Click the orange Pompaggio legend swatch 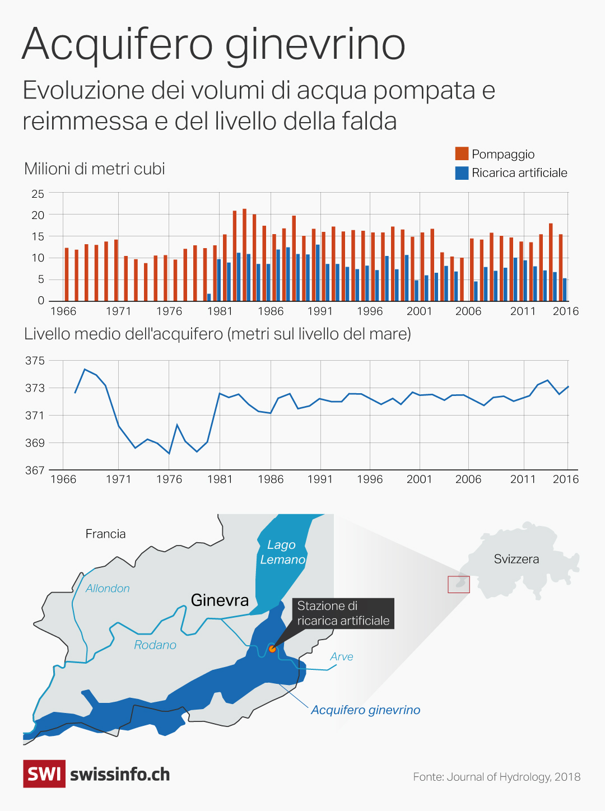click(462, 153)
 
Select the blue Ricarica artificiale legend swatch click(462, 173)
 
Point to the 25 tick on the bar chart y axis click(38, 194)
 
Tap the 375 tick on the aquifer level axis click(35, 361)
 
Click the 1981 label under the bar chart click(220, 311)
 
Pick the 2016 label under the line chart click(566, 479)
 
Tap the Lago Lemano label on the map click(282, 552)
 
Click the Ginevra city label click(220, 600)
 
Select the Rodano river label click(155, 645)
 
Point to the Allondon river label click(108, 588)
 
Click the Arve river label click(342, 656)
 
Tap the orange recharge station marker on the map click(272, 649)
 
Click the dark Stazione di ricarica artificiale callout click(343, 613)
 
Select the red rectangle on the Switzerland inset click(459, 585)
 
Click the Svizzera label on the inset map click(516, 559)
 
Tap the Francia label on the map click(105, 534)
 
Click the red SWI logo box click(44, 774)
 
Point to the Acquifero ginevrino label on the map click(365, 710)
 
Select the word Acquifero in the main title click(118, 45)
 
